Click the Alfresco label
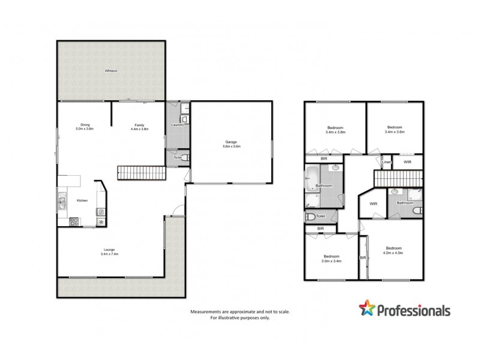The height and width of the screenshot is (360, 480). (x=110, y=71)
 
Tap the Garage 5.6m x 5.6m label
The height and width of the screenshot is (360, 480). (x=231, y=144)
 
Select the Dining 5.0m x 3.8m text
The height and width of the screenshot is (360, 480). (x=85, y=127)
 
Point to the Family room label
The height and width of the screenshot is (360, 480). (x=139, y=127)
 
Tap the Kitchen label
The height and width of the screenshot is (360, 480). (x=82, y=201)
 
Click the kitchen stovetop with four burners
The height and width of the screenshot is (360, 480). (x=75, y=221)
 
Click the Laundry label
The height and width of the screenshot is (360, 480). (x=176, y=125)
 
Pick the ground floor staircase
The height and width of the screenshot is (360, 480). (x=142, y=174)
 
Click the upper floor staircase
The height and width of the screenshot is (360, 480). (x=398, y=178)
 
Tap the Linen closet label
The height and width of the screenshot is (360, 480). (x=387, y=162)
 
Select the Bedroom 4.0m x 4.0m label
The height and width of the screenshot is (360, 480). (x=394, y=250)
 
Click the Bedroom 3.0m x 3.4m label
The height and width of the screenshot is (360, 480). (x=331, y=259)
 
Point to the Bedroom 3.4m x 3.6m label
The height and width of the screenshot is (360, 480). (x=394, y=129)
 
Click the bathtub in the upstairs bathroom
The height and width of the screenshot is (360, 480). (x=313, y=178)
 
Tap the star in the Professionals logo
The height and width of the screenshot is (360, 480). (x=367, y=308)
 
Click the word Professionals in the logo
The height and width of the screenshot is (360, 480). (x=413, y=310)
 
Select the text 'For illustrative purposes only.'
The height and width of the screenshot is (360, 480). (x=240, y=318)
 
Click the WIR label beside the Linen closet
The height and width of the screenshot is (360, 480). (x=407, y=162)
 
